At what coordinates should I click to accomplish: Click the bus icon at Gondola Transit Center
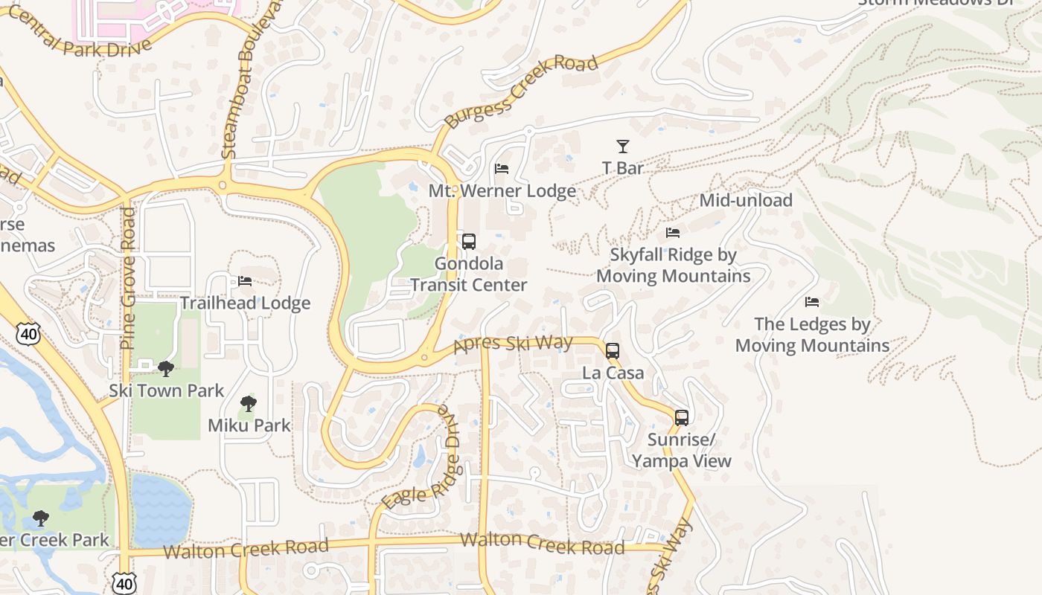point(468,242)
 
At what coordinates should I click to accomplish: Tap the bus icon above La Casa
point(613,351)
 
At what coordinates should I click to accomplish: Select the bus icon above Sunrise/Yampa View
point(682,418)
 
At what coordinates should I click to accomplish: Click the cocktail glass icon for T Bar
point(623,147)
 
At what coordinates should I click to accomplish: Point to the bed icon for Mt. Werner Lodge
point(502,169)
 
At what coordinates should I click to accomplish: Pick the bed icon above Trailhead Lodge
point(245,281)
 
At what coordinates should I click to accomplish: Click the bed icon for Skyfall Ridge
point(673,233)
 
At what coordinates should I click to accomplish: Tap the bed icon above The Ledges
point(812,302)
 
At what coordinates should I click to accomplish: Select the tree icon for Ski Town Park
point(166,368)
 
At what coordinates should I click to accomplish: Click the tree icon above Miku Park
point(249,404)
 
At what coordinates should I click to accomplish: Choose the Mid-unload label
point(746,200)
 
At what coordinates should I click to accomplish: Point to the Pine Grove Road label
point(128,278)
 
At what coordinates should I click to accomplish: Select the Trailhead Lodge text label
point(245,303)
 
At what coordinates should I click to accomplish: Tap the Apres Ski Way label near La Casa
point(513,344)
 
